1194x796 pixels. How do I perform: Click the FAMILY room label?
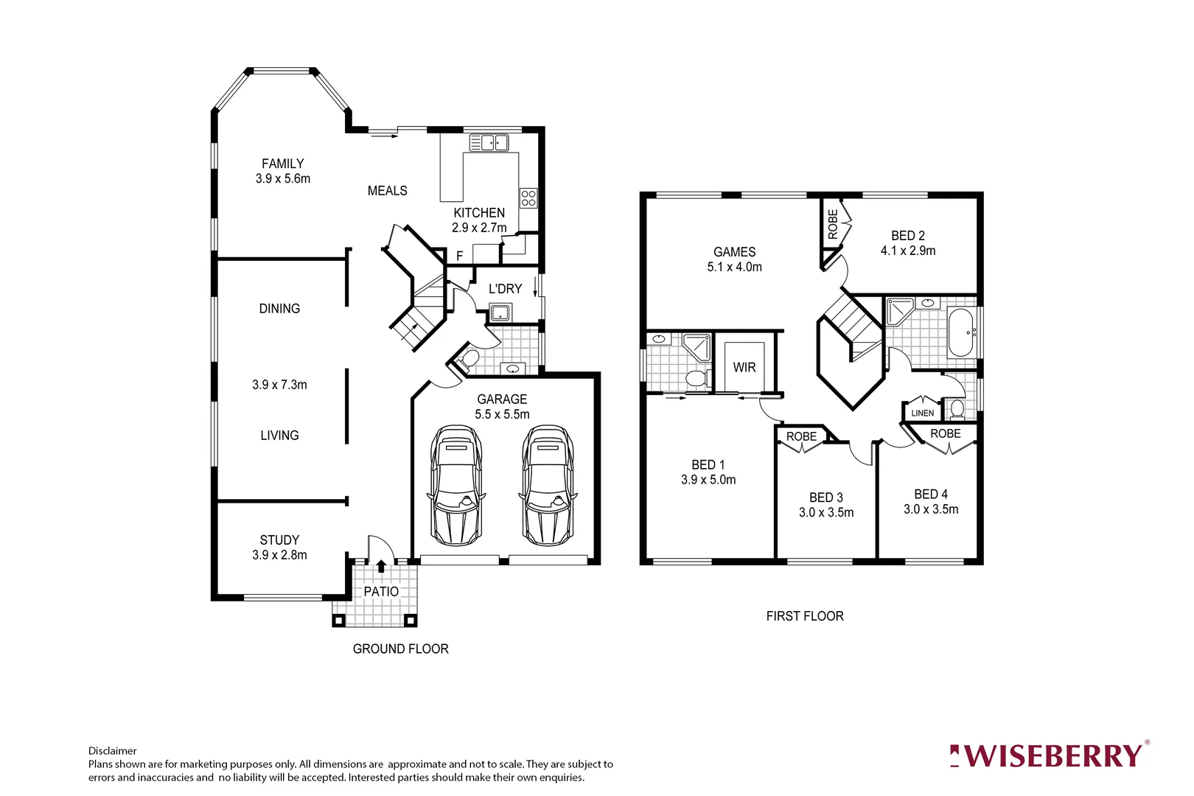coord(282,164)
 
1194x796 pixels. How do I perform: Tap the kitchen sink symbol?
coord(489,142)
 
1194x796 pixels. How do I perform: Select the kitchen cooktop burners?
coord(528,198)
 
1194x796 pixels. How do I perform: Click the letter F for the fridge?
coord(460,256)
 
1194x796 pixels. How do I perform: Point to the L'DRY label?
coord(505,289)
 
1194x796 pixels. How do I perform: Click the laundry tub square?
coord(500,312)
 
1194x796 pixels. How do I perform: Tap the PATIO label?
coord(381,591)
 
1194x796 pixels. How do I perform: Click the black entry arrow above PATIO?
coord(381,566)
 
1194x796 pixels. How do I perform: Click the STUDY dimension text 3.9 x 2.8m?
coord(279,555)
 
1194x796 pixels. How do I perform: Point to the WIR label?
coord(744,367)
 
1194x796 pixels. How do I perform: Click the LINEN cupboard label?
coord(923,413)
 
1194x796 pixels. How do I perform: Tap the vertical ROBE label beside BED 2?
coord(833,224)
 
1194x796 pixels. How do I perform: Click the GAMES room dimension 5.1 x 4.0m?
coord(734,267)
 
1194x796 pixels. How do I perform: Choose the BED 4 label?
coord(931,494)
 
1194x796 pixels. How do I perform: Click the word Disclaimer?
coord(113,751)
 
